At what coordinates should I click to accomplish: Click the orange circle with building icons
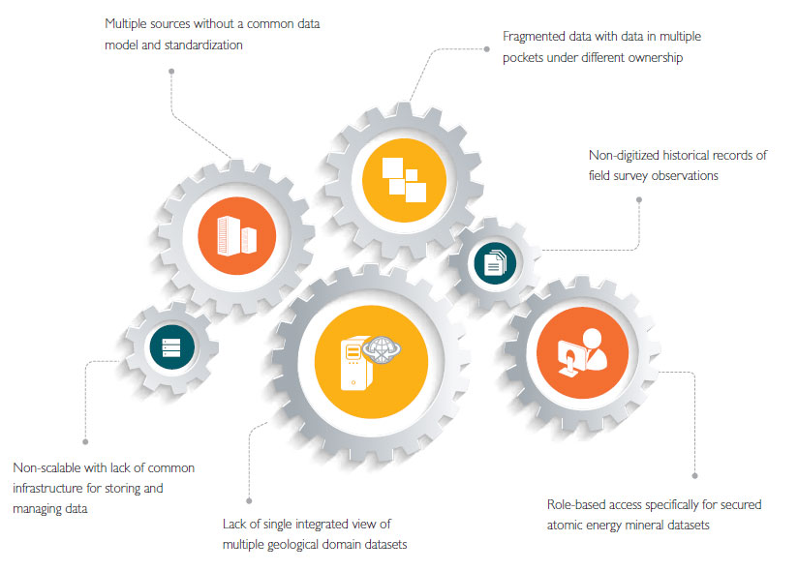pos(236,233)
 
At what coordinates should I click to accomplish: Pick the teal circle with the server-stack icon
pos(171,346)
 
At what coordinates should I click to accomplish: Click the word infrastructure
pos(55,488)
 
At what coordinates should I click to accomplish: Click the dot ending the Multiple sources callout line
pos(171,70)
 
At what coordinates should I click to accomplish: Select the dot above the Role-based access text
pos(695,474)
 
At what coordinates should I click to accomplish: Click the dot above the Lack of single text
pos(249,492)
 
